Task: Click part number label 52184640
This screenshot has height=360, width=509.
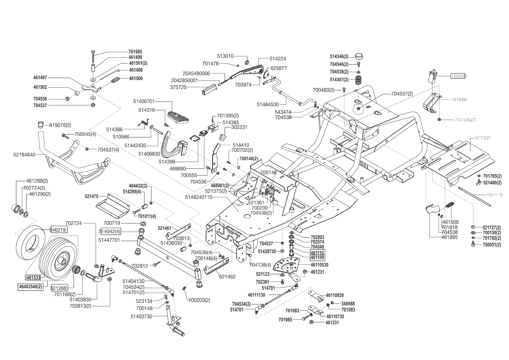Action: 24,155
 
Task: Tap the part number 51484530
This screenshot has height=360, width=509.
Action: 268,104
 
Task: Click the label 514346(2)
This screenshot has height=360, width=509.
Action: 339,56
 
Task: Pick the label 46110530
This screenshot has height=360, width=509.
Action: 320,265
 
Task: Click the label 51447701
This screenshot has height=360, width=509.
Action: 109,240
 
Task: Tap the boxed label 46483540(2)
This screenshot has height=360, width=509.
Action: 30,287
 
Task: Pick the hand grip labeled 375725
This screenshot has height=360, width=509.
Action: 210,89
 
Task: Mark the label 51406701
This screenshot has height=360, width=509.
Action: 144,101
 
